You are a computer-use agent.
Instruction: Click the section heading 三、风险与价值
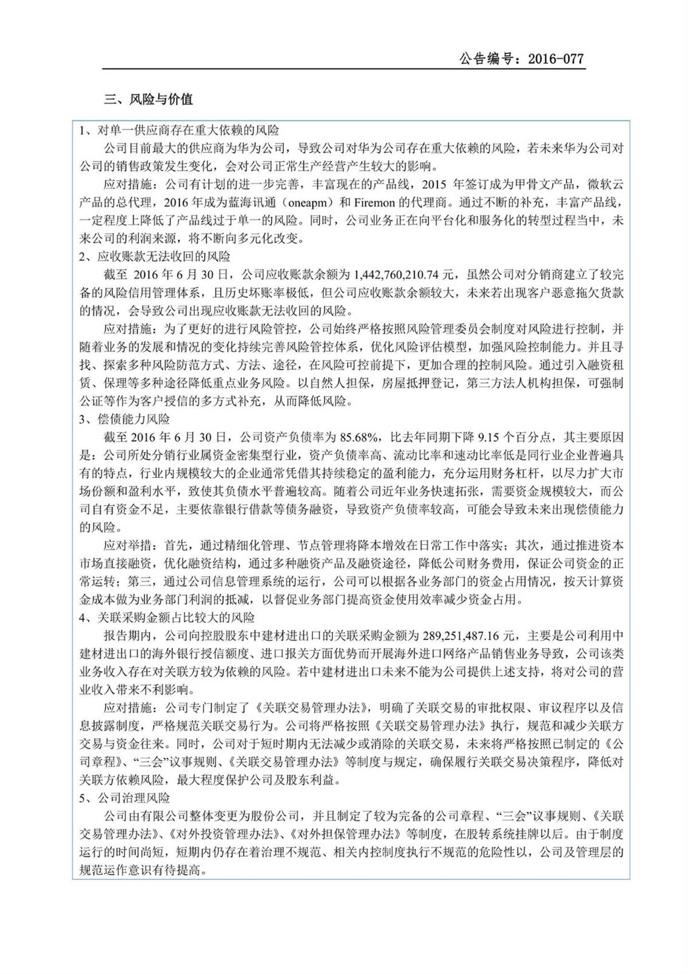(148, 99)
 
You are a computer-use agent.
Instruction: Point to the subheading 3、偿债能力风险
(124, 420)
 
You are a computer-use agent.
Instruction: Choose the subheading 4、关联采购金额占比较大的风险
(167, 618)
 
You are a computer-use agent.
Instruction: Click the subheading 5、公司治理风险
(124, 798)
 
